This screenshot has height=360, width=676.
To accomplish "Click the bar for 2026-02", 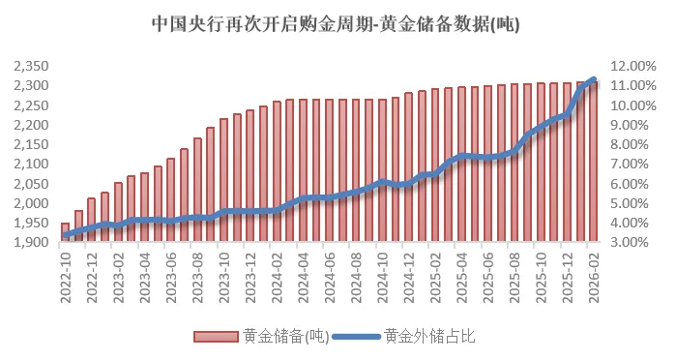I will [x=593, y=163].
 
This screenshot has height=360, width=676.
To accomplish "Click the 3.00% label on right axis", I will [x=636, y=243].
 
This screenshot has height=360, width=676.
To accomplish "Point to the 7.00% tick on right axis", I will [x=636, y=165].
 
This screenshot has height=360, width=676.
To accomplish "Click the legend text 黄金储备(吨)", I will [x=285, y=337].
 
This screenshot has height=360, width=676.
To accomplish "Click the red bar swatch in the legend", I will [x=217, y=337].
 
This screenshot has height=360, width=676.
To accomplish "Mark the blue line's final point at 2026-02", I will [x=593, y=79].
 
